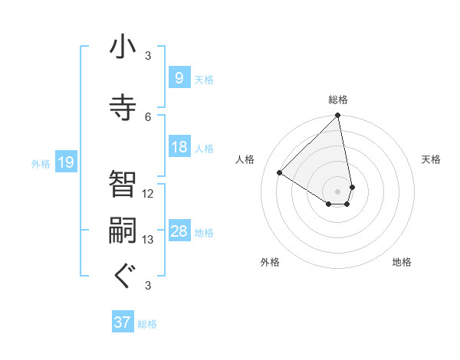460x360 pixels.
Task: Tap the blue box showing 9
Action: pyautogui.click(x=179, y=77)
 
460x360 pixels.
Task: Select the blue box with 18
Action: pyautogui.click(x=179, y=147)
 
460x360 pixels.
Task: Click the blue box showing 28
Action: pyautogui.click(x=179, y=231)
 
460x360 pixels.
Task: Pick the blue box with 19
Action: pyautogui.click(x=65, y=162)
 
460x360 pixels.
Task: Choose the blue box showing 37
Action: pyautogui.click(x=123, y=322)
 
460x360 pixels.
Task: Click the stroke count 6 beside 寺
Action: pyautogui.click(x=148, y=116)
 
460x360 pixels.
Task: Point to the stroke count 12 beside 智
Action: pyautogui.click(x=148, y=194)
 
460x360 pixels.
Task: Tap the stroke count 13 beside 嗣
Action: pyautogui.click(x=148, y=240)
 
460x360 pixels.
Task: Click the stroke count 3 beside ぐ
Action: pyautogui.click(x=148, y=286)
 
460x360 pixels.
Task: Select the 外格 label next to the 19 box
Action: pyautogui.click(x=41, y=163)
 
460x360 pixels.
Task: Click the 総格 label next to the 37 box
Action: pyautogui.click(x=147, y=324)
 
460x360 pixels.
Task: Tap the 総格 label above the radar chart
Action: pyautogui.click(x=338, y=100)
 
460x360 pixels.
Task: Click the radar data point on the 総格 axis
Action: pyautogui.click(x=338, y=116)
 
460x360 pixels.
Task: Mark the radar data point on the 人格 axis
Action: pyautogui.click(x=280, y=172)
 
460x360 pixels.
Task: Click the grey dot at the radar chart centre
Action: pyautogui.click(x=338, y=191)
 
